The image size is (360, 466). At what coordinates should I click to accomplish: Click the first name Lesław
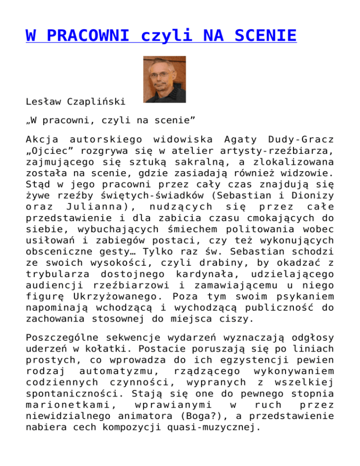coord(41,101)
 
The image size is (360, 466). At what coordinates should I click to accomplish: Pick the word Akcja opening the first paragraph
coord(41,139)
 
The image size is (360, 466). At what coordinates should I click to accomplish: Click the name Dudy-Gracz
coord(294,139)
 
